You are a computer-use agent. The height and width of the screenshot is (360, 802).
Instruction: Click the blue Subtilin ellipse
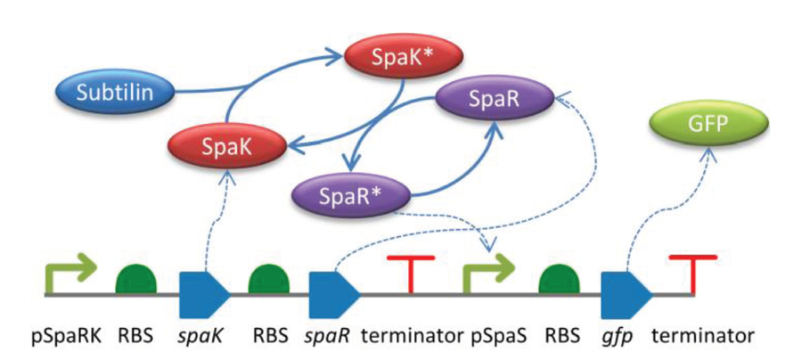[x=115, y=93]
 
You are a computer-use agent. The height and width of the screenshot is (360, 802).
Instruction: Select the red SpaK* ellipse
[x=404, y=59]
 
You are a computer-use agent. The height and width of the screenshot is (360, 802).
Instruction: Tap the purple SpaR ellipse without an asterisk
[x=494, y=100]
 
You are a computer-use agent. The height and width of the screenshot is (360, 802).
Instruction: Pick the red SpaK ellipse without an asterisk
[x=226, y=146]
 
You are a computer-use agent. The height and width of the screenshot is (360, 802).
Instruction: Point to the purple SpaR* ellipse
[x=351, y=194]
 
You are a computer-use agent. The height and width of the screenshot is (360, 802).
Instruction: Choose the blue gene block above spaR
[x=335, y=295]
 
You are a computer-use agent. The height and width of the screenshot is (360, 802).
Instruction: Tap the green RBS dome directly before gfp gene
[x=559, y=279]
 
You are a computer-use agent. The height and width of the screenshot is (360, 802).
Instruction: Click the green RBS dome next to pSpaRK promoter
[x=136, y=279]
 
